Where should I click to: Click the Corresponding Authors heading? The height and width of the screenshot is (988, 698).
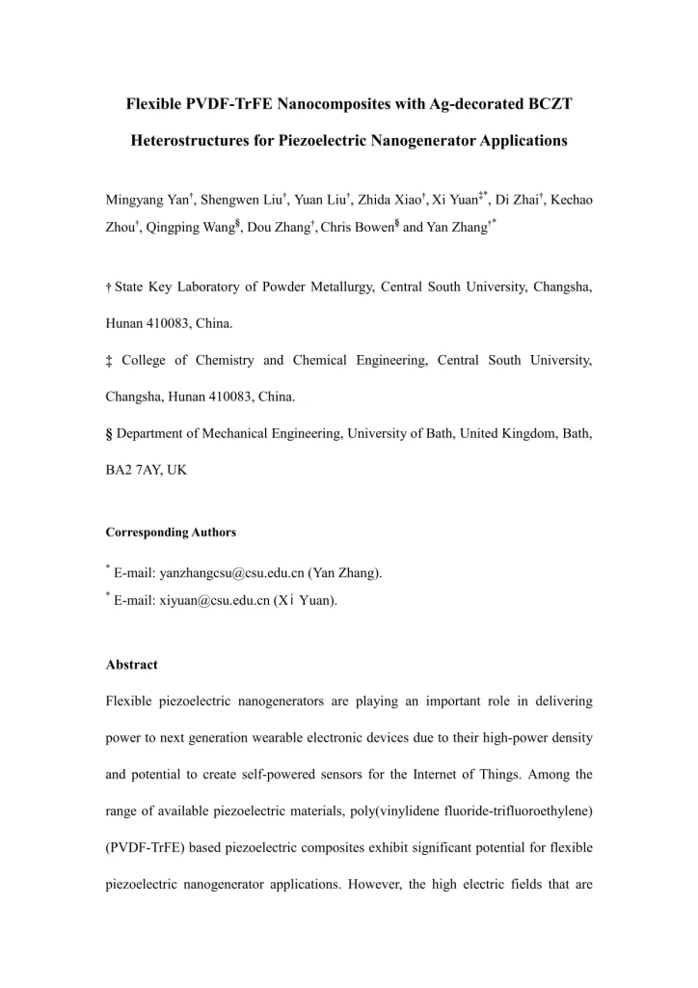tap(170, 533)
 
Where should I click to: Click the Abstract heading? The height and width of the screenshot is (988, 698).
tap(131, 665)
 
